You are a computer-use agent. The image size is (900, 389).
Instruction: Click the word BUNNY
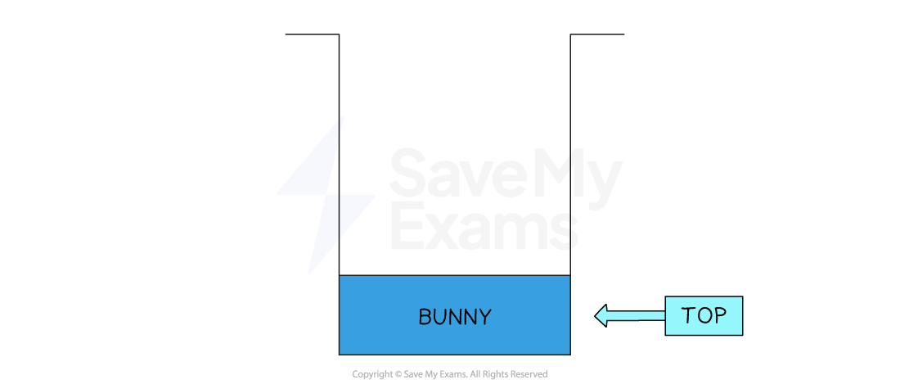(454, 317)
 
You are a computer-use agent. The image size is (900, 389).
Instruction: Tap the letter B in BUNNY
(425, 317)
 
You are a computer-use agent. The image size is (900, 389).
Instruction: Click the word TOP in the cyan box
(704, 315)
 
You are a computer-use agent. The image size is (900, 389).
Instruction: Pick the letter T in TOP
(688, 315)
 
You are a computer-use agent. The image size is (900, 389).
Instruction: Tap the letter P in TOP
(720, 315)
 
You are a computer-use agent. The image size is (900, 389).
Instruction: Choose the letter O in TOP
(704, 315)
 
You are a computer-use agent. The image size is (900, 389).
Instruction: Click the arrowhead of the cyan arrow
(601, 315)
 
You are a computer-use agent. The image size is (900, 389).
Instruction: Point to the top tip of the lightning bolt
(343, 117)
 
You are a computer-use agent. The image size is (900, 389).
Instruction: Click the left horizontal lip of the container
(312, 34)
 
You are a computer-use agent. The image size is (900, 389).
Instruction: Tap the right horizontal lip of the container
(597, 34)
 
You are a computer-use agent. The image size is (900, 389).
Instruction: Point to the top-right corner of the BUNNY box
(569, 276)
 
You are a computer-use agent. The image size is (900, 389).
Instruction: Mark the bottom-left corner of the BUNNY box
(340, 354)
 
